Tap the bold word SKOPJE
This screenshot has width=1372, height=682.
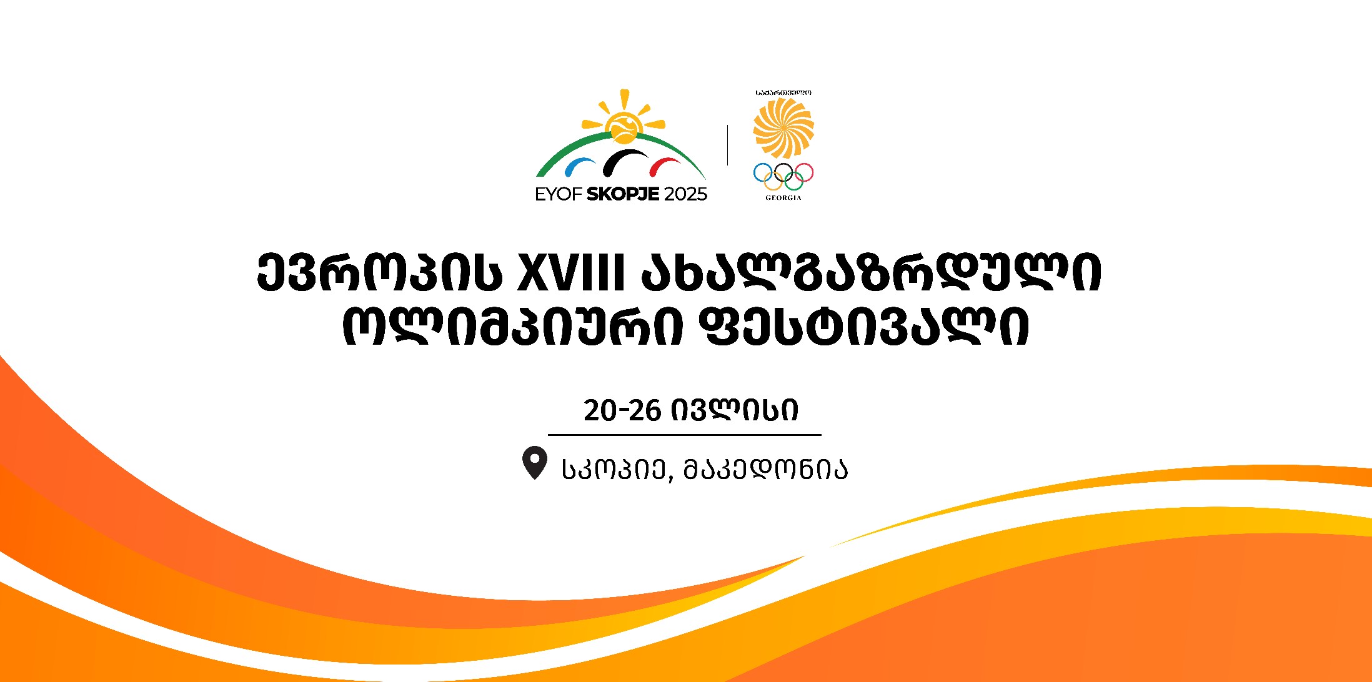click(x=623, y=194)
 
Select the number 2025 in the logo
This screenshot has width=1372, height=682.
click(x=685, y=194)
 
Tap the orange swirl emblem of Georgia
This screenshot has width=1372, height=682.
click(x=783, y=127)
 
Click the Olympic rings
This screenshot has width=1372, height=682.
click(x=783, y=176)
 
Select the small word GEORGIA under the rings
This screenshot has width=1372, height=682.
click(x=783, y=198)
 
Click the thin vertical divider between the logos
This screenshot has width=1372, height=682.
click(x=727, y=145)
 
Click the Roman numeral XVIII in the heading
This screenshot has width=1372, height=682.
click(x=571, y=274)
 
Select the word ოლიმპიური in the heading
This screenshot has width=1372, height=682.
click(x=512, y=325)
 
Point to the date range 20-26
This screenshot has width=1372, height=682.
click(x=622, y=410)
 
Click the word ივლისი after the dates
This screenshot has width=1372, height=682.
click(x=735, y=410)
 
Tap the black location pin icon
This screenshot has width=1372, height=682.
click(x=534, y=461)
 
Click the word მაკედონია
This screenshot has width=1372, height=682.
click(x=766, y=468)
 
